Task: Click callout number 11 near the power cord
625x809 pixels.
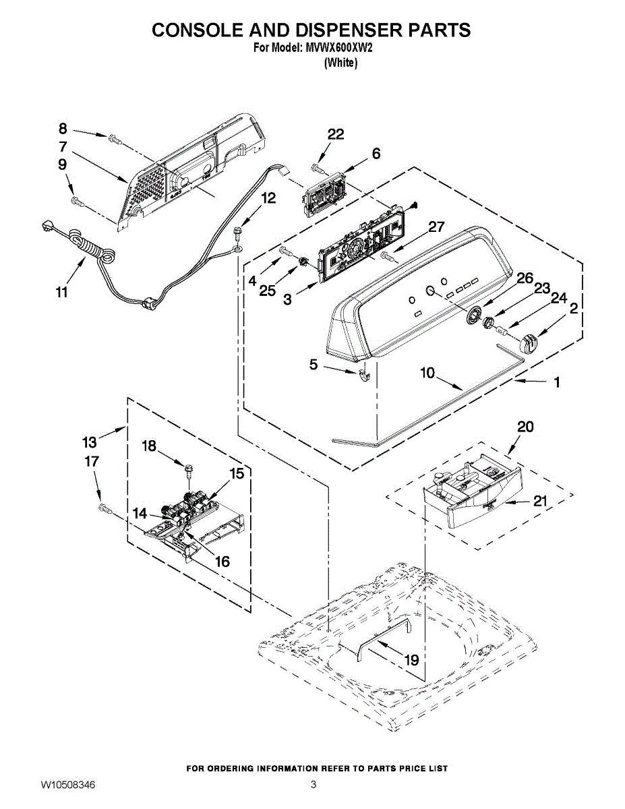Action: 62,292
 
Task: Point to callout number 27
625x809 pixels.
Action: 437,227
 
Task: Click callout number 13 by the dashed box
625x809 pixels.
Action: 90,442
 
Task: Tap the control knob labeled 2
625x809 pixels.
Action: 529,341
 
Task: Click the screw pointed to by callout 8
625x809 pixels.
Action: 115,140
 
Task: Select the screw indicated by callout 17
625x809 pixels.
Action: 105,508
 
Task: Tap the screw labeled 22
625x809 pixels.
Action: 320,169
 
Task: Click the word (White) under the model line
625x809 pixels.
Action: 341,63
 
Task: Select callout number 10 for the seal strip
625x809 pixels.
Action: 427,373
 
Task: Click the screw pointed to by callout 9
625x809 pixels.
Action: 78,202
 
